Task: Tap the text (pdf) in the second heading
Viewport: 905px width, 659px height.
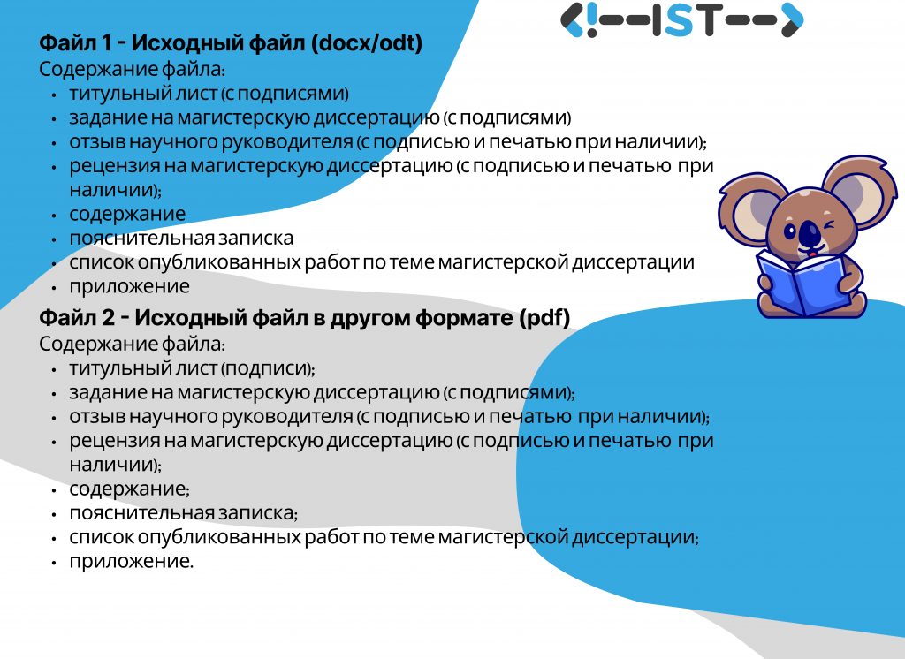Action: [544, 318]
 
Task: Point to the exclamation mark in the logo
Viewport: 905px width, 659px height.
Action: [591, 20]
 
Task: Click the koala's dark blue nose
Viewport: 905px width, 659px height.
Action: [810, 232]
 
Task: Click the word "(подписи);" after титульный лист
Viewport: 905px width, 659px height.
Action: [268, 368]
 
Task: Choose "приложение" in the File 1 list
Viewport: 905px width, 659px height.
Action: [129, 286]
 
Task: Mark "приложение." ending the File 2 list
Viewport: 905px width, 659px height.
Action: [132, 561]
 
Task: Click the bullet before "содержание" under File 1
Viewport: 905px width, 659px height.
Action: [54, 216]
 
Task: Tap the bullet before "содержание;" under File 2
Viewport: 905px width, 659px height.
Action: [54, 490]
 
